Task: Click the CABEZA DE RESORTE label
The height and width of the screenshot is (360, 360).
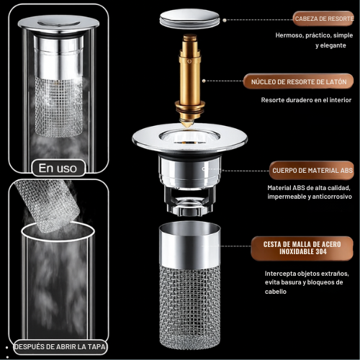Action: (x=324, y=19)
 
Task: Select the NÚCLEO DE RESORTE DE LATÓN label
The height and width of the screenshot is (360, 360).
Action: (x=299, y=81)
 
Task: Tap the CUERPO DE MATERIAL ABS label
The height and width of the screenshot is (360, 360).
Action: (x=312, y=171)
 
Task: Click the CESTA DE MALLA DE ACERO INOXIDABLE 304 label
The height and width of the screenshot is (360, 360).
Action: (x=302, y=248)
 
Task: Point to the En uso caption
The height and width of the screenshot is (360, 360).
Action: (x=58, y=168)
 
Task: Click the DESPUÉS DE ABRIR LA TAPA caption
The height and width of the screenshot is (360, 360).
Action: (x=60, y=347)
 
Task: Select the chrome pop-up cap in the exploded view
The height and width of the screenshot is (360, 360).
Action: (x=189, y=19)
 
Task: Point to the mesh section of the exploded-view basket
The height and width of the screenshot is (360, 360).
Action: (x=190, y=307)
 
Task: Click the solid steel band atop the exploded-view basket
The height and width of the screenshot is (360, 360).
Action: (x=190, y=245)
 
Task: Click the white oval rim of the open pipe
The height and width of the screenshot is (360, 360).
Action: (x=58, y=240)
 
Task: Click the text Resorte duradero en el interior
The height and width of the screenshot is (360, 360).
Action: (x=306, y=100)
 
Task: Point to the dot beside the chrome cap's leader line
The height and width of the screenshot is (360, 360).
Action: (x=225, y=20)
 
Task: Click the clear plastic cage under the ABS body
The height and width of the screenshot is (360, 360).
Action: (x=189, y=201)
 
